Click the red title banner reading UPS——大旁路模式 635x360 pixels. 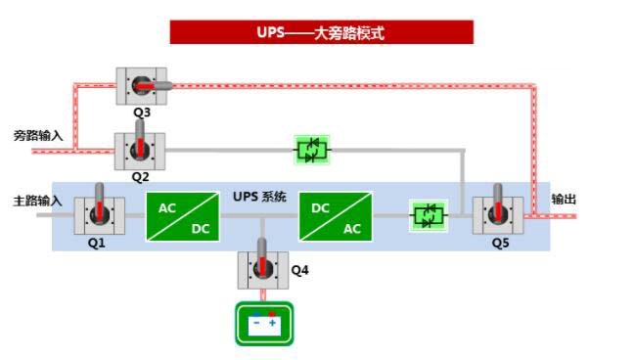coord(321,32)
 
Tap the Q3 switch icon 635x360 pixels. coord(141,87)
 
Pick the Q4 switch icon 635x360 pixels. coord(262,269)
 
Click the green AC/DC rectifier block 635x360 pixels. coord(183,216)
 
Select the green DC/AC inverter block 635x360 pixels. coord(336,216)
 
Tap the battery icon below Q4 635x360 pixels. coord(263,324)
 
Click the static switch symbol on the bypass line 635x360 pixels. coord(313,150)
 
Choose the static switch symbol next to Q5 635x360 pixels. coord(428,214)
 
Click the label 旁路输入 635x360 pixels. coord(38,136)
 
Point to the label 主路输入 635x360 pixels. coord(38,201)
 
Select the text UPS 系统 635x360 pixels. coord(259,197)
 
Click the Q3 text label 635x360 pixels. coord(142,113)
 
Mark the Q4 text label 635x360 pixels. coord(300,269)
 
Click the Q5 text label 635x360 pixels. coord(500,242)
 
